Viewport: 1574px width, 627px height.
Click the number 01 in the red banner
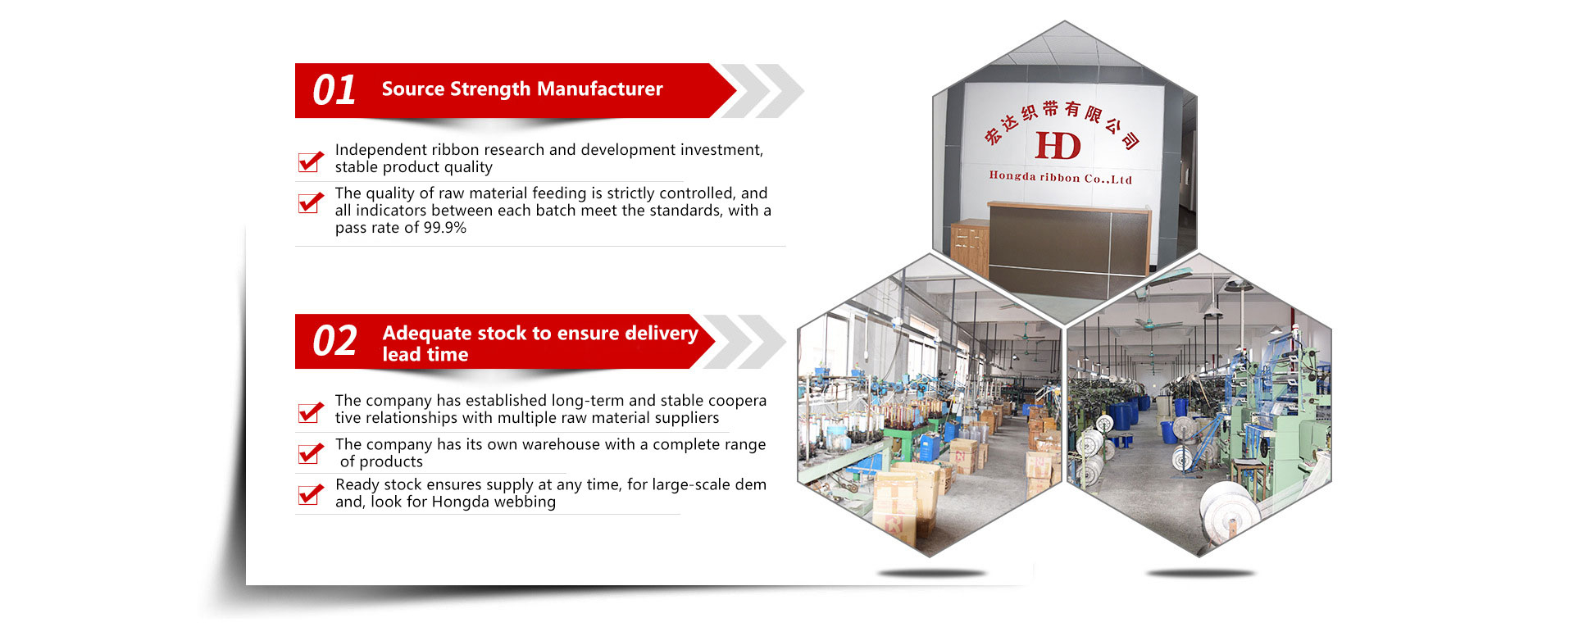334,90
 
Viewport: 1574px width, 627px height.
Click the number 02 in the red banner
334,341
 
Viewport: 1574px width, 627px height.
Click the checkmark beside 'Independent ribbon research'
311,161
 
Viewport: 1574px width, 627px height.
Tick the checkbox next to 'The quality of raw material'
311,202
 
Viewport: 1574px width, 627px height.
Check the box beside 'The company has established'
311,411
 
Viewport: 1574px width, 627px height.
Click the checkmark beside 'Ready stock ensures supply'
311,493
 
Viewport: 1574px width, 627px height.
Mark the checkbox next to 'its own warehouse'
311,452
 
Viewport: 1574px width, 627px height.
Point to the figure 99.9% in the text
444,228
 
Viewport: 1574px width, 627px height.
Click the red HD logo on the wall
1058,146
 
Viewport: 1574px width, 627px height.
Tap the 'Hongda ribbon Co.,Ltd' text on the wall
1060,177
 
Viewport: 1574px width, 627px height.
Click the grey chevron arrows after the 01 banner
761,90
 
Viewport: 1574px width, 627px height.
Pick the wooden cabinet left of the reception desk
970,248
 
